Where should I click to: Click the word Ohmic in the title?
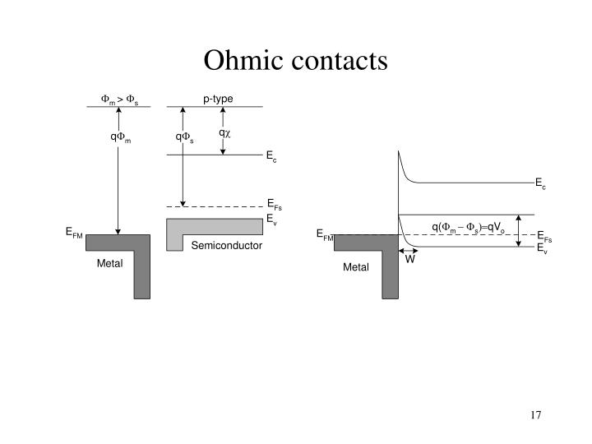point(243,60)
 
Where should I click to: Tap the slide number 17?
point(535,415)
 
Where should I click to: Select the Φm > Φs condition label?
point(119,99)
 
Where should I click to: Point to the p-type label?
point(218,99)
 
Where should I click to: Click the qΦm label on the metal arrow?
point(120,137)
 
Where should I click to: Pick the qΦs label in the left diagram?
point(184,137)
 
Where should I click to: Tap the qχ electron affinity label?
point(224,133)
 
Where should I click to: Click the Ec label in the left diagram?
point(271,156)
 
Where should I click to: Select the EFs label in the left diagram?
point(275,204)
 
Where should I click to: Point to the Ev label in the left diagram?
point(271,220)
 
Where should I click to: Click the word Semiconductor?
point(227,245)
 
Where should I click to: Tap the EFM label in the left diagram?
point(74,232)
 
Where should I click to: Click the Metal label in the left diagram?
point(109,263)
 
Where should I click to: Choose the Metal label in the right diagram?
point(356,267)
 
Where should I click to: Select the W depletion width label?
point(409,259)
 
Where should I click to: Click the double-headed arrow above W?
point(408,251)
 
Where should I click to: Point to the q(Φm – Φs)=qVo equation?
point(468,227)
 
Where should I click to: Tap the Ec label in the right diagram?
point(540,183)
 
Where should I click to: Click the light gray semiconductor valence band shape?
point(215,226)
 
